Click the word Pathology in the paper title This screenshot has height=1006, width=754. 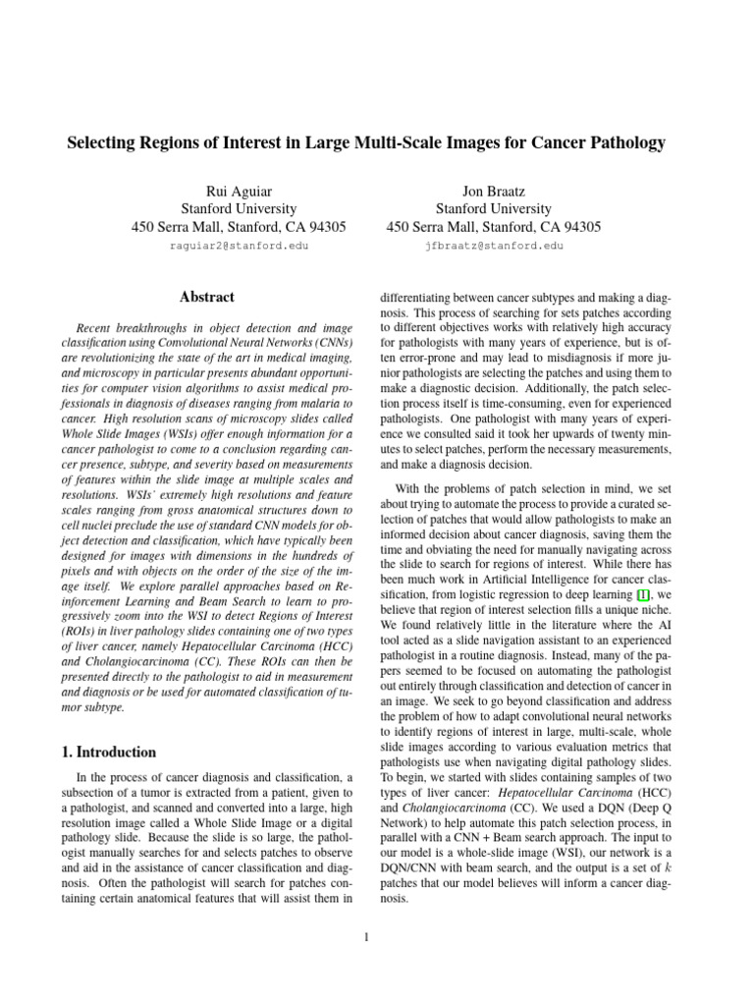pyautogui.click(x=626, y=143)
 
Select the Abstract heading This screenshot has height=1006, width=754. pyautogui.click(x=207, y=296)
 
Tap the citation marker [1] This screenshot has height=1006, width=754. pyautogui.click(x=643, y=595)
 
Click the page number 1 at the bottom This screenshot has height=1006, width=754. pyautogui.click(x=365, y=937)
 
